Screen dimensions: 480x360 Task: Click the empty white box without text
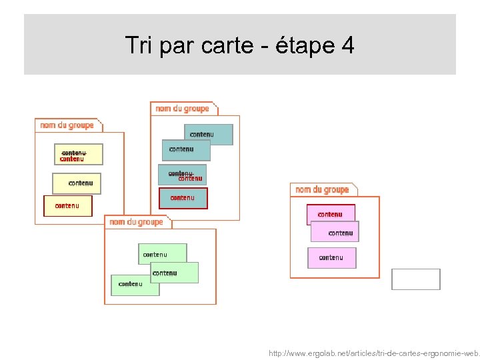point(415,279)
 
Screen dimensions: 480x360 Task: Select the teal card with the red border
point(183,198)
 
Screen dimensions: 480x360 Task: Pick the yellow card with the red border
point(67,206)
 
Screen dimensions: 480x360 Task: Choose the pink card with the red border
point(330,214)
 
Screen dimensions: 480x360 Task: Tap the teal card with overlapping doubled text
point(182,175)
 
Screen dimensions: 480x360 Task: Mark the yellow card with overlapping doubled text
point(79,154)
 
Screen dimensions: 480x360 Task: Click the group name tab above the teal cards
point(183,109)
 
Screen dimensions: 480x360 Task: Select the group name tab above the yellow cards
point(68,125)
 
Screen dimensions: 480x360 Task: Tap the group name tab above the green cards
point(137,222)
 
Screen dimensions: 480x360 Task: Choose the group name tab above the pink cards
point(323,190)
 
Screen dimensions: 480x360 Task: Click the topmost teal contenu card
point(208,134)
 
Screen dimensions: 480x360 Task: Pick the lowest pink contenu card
point(331,257)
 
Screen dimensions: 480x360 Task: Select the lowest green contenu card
point(135,285)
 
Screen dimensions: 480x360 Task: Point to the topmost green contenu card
point(162,253)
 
